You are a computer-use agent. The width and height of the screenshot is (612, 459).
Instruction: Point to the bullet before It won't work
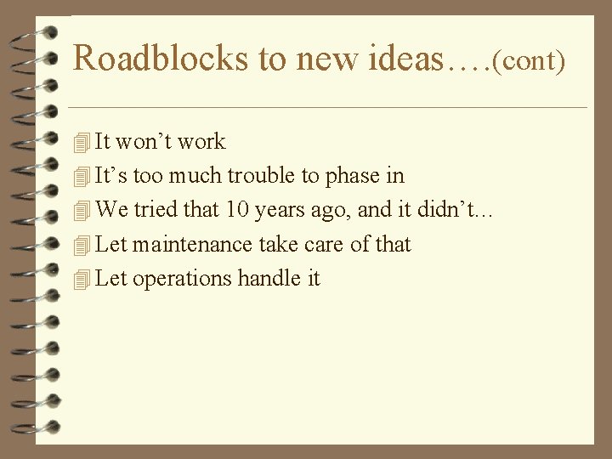click(x=82, y=142)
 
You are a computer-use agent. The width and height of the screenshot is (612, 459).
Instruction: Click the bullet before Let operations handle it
click(x=82, y=279)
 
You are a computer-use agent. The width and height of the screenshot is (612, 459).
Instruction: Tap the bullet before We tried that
click(x=82, y=211)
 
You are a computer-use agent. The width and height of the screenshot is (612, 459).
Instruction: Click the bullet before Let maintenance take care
click(x=82, y=245)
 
